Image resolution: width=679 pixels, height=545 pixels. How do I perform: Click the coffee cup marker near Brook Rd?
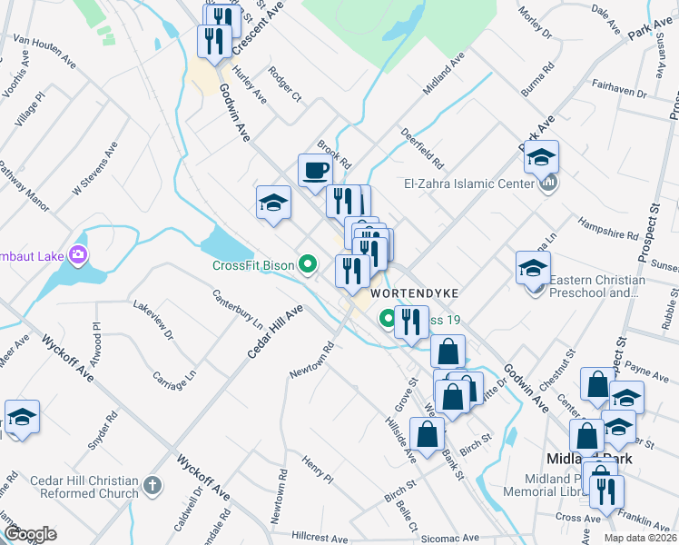(315, 171)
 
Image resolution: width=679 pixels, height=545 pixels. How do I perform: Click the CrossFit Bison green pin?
(309, 265)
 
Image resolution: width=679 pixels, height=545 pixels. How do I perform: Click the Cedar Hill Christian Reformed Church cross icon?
(152, 486)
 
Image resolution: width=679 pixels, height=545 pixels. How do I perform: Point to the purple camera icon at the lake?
(78, 255)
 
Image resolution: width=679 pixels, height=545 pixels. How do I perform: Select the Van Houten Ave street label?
(44, 52)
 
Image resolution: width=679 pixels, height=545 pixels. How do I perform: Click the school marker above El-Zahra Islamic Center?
(541, 158)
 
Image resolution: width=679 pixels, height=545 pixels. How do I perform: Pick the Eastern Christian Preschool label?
(595, 286)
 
